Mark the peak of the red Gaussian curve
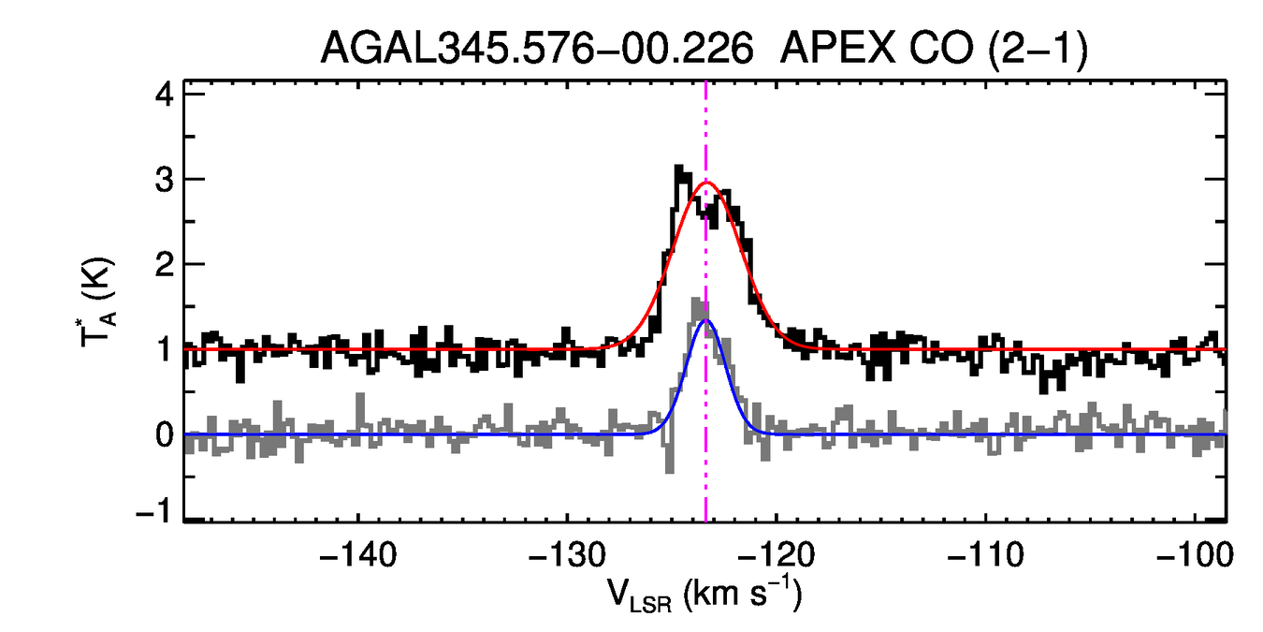(x=706, y=183)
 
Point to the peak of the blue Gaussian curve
(x=705, y=320)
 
